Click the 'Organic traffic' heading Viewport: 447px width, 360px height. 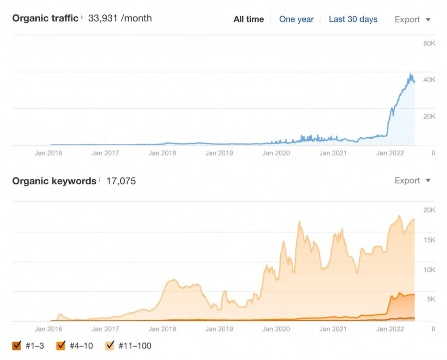point(45,18)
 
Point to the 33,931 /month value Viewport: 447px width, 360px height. point(120,18)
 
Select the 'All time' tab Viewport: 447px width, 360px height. point(249,19)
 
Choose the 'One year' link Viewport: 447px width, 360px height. point(296,19)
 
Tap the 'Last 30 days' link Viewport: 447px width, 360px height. point(353,19)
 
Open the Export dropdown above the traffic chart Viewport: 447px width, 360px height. point(412,19)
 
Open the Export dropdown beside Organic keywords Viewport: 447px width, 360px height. point(412,181)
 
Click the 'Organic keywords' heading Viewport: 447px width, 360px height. point(54,181)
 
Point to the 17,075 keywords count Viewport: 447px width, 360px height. point(121,181)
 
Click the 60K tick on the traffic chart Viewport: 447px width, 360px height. point(429,43)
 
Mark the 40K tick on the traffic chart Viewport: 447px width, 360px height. point(429,80)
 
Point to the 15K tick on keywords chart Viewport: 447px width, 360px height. point(429,240)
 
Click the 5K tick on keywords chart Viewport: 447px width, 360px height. point(430,299)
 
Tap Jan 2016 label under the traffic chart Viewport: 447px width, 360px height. point(48,153)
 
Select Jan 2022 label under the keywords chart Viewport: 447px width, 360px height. point(390,329)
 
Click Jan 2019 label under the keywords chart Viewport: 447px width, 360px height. point(219,329)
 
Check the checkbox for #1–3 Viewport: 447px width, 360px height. point(17,346)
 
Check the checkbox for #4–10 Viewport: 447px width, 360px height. point(61,346)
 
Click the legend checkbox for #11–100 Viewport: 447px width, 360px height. point(110,346)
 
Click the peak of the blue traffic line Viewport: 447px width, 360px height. point(411,74)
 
